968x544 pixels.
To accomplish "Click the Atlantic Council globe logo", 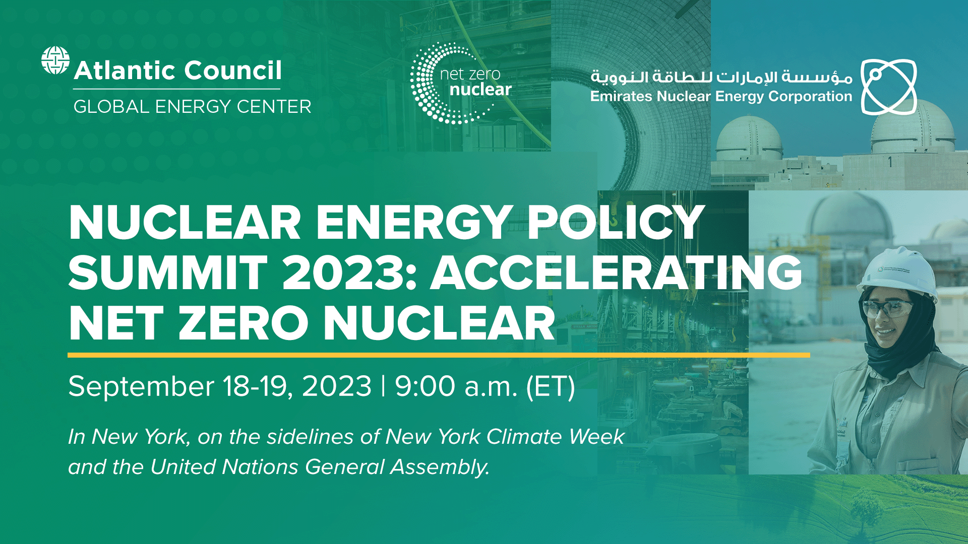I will coord(55,60).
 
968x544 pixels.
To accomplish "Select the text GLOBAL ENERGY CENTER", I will coord(192,107).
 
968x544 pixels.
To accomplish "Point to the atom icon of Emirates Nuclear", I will coord(888,87).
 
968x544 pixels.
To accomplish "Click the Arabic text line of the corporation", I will coord(721,77).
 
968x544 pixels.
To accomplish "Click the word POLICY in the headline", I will coord(616,223).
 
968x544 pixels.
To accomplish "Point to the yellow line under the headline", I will coord(439,355).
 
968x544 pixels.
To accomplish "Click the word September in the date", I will coord(141,387).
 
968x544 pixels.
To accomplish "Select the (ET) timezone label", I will coord(550,387).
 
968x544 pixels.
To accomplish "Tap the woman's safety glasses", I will coord(887,307).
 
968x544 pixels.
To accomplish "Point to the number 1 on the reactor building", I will coord(890,162).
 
